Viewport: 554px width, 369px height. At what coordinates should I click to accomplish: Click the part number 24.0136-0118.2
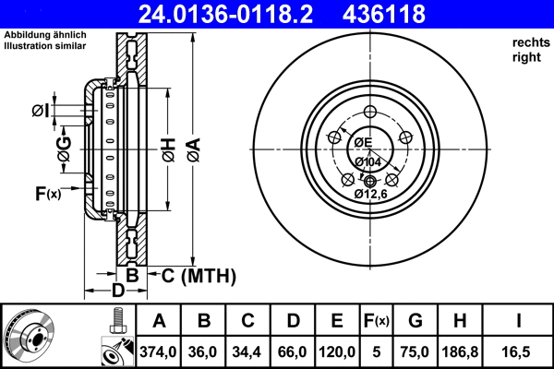coord(238,14)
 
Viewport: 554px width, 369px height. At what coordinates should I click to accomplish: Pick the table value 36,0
coord(205,351)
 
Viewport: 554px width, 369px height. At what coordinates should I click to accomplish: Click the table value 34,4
coord(248,351)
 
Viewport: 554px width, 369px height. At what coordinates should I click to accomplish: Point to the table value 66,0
coord(293,351)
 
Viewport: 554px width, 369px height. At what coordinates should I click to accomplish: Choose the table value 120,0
coord(337,351)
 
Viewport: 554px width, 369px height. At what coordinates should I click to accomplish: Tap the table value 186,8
coord(459,351)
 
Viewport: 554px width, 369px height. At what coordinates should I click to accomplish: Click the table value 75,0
coord(415,351)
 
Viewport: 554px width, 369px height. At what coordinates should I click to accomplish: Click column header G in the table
coord(415,321)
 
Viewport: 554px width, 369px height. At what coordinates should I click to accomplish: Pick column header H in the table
coord(459,321)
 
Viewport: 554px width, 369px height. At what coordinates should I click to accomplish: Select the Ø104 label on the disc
coord(368,162)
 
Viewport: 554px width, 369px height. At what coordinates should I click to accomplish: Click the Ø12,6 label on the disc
coord(370,195)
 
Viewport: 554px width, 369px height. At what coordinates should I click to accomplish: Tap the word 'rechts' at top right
coord(529,42)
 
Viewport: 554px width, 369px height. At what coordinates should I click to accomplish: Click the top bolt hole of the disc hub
coord(370,112)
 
